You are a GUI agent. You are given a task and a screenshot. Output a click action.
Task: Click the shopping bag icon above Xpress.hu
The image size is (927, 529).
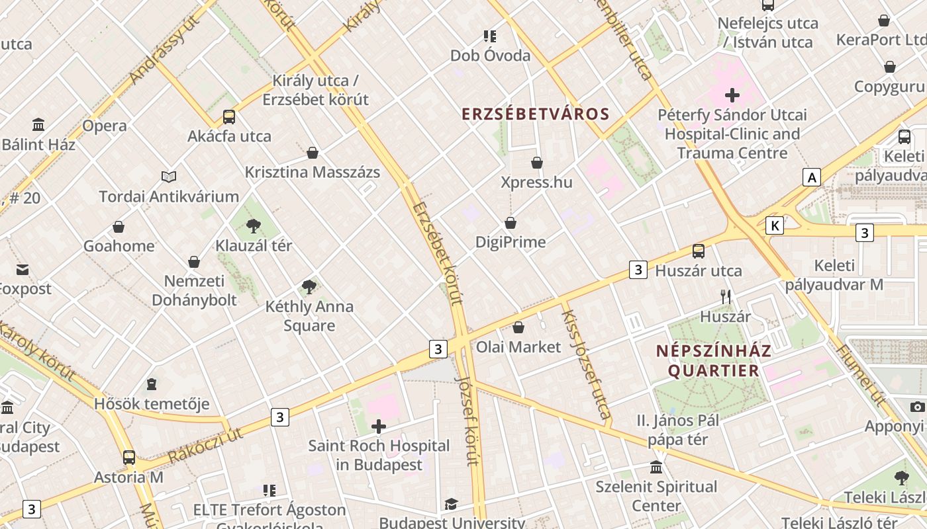click(537, 163)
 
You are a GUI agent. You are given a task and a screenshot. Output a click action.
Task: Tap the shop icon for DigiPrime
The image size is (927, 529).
click(511, 224)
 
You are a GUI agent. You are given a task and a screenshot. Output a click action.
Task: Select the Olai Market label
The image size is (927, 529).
click(518, 346)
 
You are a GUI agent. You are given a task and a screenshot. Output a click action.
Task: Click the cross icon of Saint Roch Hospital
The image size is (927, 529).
click(379, 427)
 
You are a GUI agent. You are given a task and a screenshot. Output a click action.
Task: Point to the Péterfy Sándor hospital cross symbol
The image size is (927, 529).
click(732, 95)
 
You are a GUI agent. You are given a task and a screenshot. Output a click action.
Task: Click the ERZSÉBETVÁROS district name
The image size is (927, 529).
click(535, 114)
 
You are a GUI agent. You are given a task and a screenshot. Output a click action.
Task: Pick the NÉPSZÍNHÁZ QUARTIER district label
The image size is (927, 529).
click(714, 360)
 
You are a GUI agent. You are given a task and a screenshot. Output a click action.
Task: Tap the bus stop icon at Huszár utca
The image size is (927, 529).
click(699, 251)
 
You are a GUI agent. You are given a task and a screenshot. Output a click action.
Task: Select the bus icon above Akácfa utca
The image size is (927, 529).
click(229, 117)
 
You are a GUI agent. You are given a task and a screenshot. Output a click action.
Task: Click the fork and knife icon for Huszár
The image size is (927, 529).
click(726, 297)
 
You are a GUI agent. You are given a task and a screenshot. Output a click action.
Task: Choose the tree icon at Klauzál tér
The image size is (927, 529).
click(253, 226)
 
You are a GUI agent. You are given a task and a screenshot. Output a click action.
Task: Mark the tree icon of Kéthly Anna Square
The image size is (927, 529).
click(309, 287)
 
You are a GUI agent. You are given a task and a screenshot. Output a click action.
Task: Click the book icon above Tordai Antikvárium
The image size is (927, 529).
click(169, 177)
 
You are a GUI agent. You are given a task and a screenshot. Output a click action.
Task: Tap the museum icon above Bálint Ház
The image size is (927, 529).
click(38, 125)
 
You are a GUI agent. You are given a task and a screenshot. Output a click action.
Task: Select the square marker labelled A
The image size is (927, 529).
click(811, 177)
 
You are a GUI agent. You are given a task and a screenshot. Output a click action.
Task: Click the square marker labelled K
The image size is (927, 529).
click(775, 226)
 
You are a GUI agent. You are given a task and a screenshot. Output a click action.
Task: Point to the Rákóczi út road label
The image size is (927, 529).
click(205, 446)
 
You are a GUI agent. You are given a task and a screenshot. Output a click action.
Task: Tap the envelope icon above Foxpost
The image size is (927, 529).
click(23, 270)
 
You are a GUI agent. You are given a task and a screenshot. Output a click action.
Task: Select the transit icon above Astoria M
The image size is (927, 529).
click(129, 458)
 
